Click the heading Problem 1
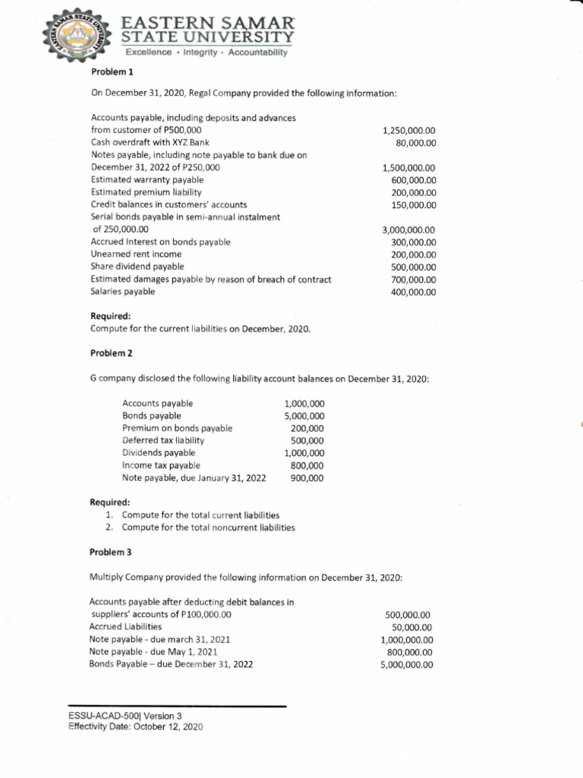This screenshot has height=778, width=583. click(x=110, y=71)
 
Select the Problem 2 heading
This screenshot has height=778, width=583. click(x=110, y=354)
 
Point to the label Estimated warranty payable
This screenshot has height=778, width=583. click(x=147, y=180)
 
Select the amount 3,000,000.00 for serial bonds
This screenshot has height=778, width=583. click(x=408, y=229)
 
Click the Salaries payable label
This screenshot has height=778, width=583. click(x=123, y=292)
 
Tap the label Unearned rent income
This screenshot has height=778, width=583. click(x=136, y=254)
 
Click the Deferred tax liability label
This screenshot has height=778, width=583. click(x=163, y=440)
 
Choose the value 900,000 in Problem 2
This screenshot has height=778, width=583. click(x=307, y=478)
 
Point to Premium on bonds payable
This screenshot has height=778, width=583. click(x=177, y=428)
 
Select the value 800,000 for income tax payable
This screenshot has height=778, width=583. click(x=307, y=465)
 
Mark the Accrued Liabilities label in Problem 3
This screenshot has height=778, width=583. click(x=125, y=627)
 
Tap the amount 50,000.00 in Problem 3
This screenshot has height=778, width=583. click(x=412, y=627)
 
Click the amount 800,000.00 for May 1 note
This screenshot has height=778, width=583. click(x=409, y=652)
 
